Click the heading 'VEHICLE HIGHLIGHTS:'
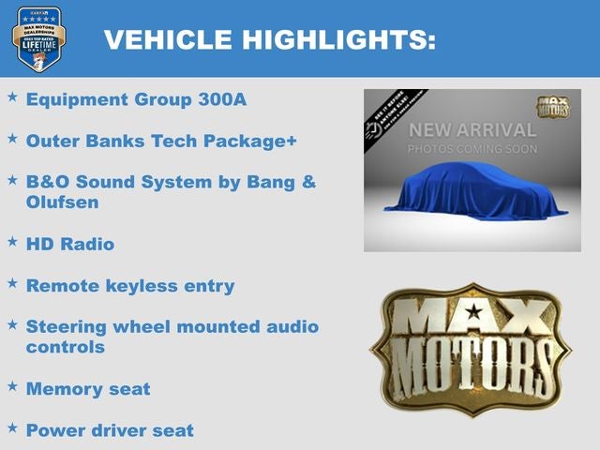pyautogui.click(x=270, y=39)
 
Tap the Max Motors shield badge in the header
pyautogui.click(x=38, y=38)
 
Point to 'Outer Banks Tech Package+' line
pyautogui.click(x=161, y=140)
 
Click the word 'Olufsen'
pyautogui.click(x=62, y=202)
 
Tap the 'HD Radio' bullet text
pyautogui.click(x=70, y=244)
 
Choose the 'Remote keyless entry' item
pyautogui.click(x=130, y=285)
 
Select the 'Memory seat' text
pyautogui.click(x=88, y=388)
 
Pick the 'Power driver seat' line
pyautogui.click(x=110, y=430)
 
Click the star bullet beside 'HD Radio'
pyautogui.click(x=12, y=241)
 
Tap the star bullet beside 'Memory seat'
pyautogui.click(x=12, y=385)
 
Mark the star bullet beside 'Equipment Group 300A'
pyautogui.click(x=12, y=96)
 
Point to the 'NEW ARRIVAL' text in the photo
pyautogui.click(x=472, y=130)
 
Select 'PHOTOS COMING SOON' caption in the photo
pyautogui.click(x=472, y=149)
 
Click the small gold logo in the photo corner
pyautogui.click(x=553, y=106)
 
